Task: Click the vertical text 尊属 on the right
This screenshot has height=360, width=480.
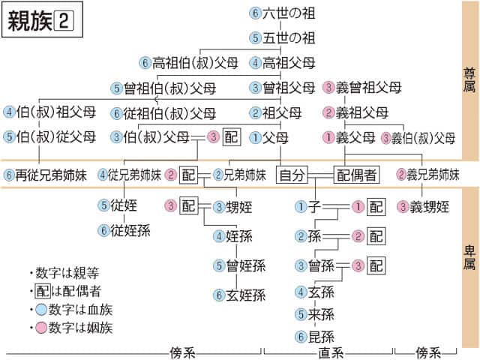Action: point(469,82)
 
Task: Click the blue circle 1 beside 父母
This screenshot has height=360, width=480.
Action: point(255,137)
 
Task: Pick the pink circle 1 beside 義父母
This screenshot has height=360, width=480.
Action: point(328,137)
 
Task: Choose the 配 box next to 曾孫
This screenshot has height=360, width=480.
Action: point(376,265)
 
